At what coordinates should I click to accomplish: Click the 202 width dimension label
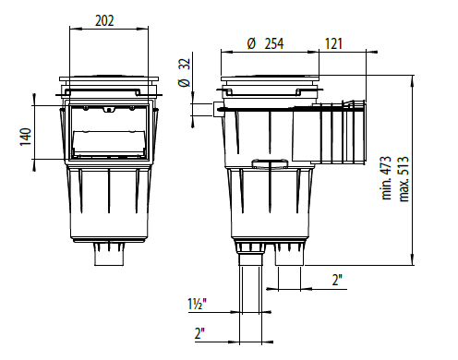click(x=104, y=21)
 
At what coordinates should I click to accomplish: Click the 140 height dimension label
click(x=26, y=137)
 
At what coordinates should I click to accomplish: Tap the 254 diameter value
click(x=274, y=43)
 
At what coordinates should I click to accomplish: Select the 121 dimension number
click(x=333, y=43)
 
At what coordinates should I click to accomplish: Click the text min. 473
click(x=387, y=178)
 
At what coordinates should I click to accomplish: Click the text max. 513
click(x=404, y=179)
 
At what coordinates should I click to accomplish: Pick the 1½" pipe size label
click(x=198, y=304)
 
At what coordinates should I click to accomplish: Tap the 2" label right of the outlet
click(x=337, y=280)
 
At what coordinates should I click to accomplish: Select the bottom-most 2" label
click(x=199, y=333)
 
